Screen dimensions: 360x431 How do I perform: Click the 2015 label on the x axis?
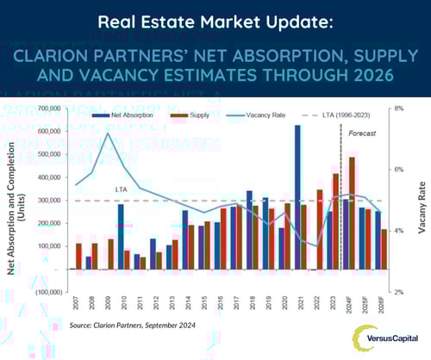(x=204, y=303)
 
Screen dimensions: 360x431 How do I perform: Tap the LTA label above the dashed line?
(x=122, y=188)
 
